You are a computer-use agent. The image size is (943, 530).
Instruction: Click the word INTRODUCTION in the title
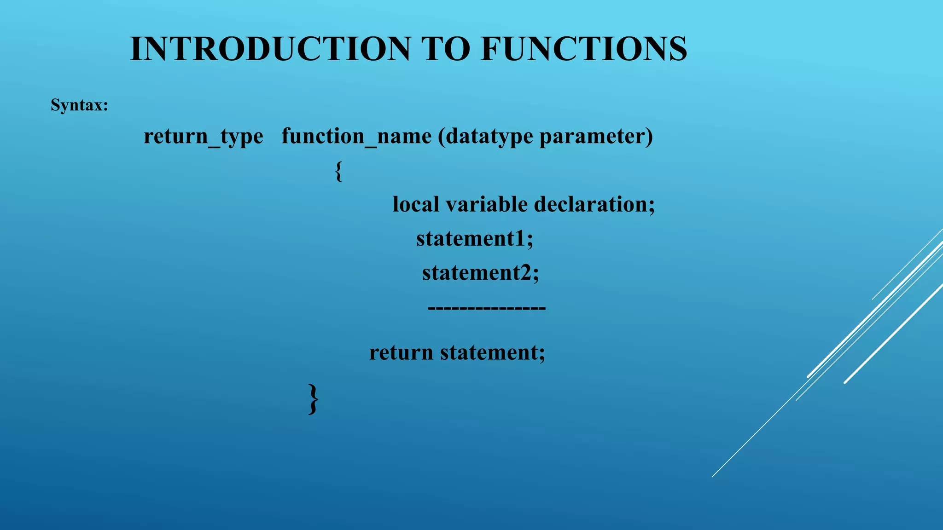click(270, 49)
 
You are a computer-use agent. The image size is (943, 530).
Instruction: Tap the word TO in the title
click(445, 49)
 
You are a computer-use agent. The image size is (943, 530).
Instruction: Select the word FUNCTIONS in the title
click(583, 49)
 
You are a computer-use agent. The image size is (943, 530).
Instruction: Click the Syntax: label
click(79, 105)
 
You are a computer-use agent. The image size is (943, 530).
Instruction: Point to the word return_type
click(203, 137)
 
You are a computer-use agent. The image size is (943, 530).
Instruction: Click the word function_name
click(356, 137)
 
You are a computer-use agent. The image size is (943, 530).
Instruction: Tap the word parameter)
click(596, 137)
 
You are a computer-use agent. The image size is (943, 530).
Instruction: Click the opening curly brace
click(338, 172)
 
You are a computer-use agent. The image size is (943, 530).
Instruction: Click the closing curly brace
click(313, 399)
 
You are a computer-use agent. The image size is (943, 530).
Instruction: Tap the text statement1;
click(475, 239)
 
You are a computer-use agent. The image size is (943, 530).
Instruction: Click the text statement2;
click(480, 273)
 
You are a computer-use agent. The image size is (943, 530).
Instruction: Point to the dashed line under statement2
click(486, 307)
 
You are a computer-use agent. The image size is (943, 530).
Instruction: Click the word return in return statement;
click(401, 353)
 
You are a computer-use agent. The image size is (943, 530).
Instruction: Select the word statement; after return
click(492, 353)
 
